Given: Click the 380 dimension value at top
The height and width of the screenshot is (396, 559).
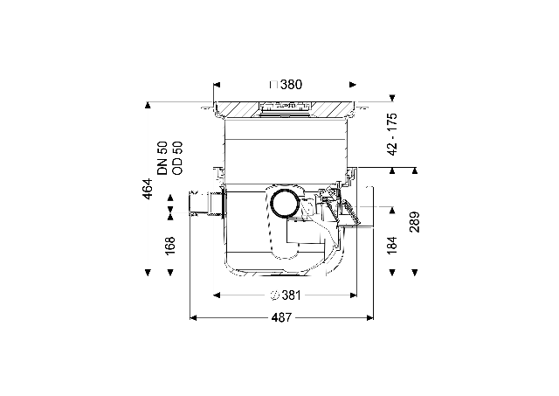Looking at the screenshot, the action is coord(291,85).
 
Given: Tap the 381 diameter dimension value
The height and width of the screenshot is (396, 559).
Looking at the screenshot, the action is coord(291,295).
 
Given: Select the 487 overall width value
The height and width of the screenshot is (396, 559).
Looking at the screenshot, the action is coord(281,317).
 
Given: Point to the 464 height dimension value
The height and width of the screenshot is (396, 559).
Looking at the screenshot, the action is coord(148,189).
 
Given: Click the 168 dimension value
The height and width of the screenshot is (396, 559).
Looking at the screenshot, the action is coord(170,245).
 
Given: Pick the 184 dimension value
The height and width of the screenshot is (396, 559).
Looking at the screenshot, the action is coord(392,245).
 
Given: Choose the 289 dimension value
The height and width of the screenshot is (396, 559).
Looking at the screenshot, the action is coord(415,222).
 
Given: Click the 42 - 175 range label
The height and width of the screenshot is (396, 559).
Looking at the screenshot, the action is coord(392,135).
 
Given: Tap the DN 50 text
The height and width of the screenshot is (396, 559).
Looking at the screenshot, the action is coord(162,158).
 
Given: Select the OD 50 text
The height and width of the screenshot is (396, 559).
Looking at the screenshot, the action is coord(177,158).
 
